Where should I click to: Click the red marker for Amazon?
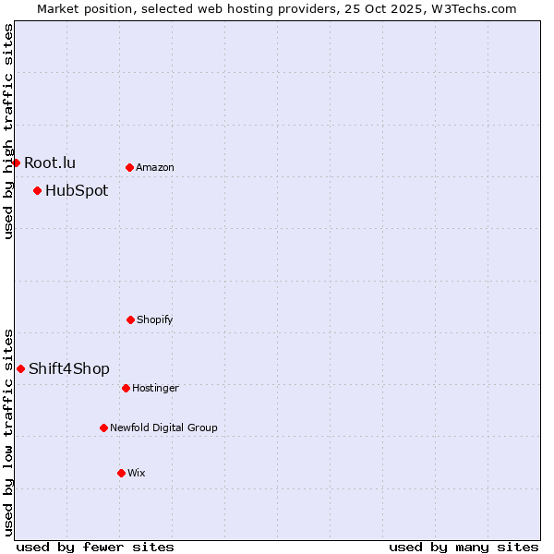tap(129, 167)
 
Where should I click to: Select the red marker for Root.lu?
tap(16, 163)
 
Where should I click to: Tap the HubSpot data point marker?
tap(37, 190)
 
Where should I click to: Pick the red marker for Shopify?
tap(130, 319)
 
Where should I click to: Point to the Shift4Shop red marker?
tap(20, 368)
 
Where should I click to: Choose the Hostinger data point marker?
tap(126, 388)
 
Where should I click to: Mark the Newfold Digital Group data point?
tap(103, 428)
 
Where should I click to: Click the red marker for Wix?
tap(121, 473)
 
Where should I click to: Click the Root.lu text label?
tap(50, 163)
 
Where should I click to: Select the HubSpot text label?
tap(77, 191)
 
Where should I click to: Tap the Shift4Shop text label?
tap(69, 369)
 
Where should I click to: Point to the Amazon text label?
tap(155, 168)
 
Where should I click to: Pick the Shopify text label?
tap(155, 320)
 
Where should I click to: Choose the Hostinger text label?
tap(155, 389)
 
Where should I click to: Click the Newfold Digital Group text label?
tap(163, 428)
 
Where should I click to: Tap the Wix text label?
tap(137, 474)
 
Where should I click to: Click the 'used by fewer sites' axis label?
tap(95, 547)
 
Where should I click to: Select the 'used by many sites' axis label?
tap(464, 547)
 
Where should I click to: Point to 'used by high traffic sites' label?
tap(8, 131)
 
